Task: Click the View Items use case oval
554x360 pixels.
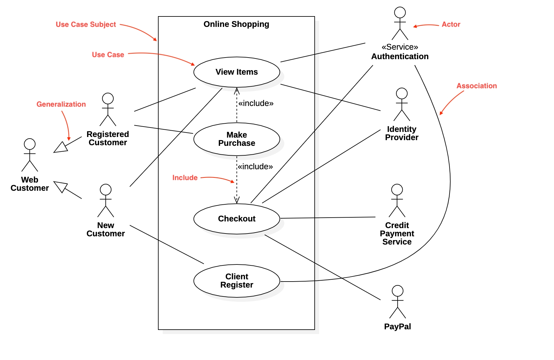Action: (x=236, y=72)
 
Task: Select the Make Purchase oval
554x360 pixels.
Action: (x=236, y=139)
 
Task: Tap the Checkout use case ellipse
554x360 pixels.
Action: (x=236, y=219)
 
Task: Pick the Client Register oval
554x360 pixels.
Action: (x=236, y=281)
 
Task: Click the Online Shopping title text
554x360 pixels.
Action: (x=236, y=24)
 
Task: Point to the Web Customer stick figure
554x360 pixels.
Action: (x=30, y=155)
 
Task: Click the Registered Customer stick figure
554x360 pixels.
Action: (x=108, y=109)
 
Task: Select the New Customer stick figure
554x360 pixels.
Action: (x=105, y=201)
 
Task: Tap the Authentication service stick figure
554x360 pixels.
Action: (x=400, y=23)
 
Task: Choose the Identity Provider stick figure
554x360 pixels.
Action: (x=402, y=104)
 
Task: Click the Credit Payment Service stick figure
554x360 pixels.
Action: (x=397, y=201)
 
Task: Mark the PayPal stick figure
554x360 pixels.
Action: (x=398, y=302)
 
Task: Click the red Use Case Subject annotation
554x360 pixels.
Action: (x=86, y=25)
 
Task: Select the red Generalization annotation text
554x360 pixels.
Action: (x=61, y=104)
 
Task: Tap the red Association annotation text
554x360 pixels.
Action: (x=476, y=86)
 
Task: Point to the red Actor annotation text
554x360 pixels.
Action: (x=451, y=25)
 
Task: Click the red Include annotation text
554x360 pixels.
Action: (x=185, y=178)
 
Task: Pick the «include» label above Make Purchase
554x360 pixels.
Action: (x=256, y=103)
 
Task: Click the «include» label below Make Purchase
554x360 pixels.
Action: (x=255, y=167)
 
